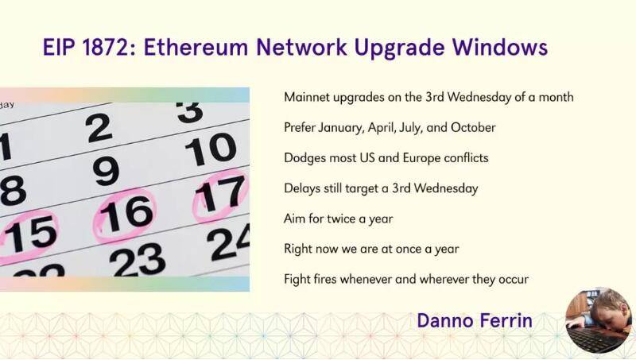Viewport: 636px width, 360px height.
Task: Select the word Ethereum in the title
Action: point(196,47)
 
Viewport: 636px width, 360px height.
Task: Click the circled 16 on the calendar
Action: point(125,215)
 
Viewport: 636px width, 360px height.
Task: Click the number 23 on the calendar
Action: point(138,259)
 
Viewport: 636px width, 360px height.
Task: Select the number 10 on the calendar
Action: point(211,149)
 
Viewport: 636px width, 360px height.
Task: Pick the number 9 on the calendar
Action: point(106,171)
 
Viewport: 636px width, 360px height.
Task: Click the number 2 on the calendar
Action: point(99,128)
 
